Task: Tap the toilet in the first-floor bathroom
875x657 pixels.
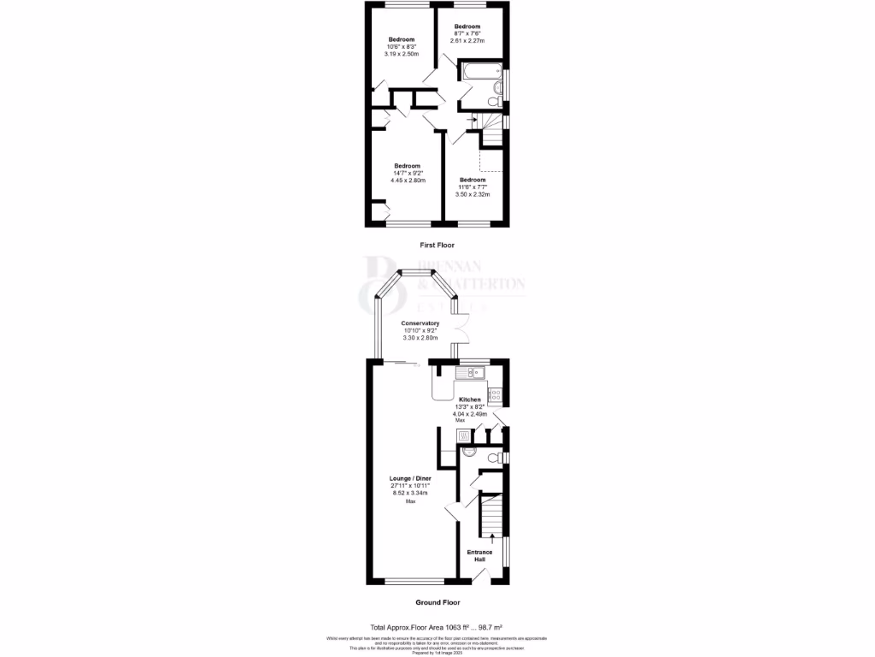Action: (x=492, y=102)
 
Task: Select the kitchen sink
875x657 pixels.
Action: (x=469, y=373)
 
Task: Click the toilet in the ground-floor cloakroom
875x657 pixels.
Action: (x=490, y=459)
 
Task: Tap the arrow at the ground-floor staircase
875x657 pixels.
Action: (x=491, y=536)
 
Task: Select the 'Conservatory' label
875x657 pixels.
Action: (x=420, y=323)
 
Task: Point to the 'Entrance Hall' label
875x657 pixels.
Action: (x=479, y=556)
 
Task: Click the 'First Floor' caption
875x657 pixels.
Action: (x=437, y=246)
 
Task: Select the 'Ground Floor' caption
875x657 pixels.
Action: (x=437, y=601)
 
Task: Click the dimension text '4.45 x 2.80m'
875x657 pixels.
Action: (x=408, y=181)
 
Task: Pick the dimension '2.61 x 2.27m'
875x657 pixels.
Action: (x=467, y=41)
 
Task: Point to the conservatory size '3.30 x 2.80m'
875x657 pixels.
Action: (x=420, y=338)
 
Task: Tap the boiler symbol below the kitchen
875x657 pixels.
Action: (x=465, y=435)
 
